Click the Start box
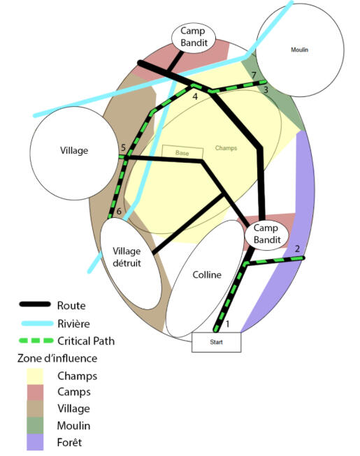(x=216, y=342)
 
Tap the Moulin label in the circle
(x=299, y=50)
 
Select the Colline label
(x=207, y=274)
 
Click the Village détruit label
(x=127, y=257)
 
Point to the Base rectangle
(x=182, y=152)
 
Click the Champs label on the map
(x=226, y=148)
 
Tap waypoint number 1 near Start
(x=228, y=324)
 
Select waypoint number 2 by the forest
(x=297, y=249)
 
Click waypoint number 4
(x=195, y=96)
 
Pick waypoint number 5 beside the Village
(x=123, y=148)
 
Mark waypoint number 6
(x=119, y=211)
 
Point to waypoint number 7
(x=254, y=75)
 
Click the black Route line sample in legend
(x=35, y=304)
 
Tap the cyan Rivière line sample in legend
(x=37, y=323)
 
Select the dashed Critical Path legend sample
(x=36, y=341)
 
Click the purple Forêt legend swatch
(x=35, y=442)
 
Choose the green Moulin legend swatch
(x=35, y=425)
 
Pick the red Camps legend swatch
(x=35, y=392)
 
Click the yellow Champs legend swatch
(x=35, y=376)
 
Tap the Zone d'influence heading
(x=57, y=358)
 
